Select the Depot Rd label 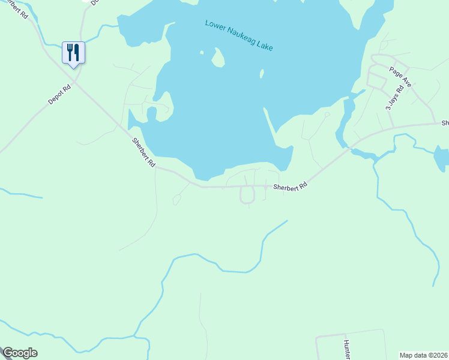click(60, 95)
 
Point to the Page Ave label click(400, 77)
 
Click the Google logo click(20, 353)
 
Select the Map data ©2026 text click(424, 355)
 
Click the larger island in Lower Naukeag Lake click(218, 58)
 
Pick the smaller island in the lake click(262, 74)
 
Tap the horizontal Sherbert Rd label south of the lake click(291, 187)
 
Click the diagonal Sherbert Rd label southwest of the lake click(144, 152)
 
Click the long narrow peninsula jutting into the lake click(270, 127)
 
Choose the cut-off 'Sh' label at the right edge click(445, 122)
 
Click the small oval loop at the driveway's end click(176, 200)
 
